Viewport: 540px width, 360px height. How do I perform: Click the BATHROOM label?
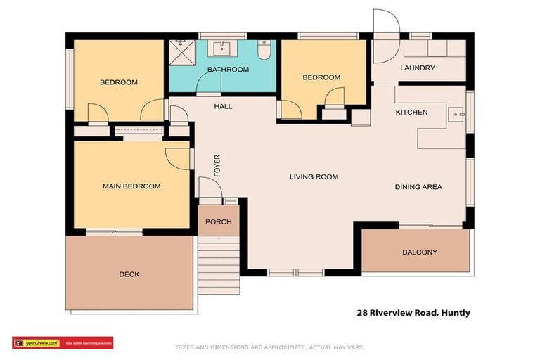[228, 69]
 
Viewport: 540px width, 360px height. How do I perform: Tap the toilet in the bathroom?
[264, 51]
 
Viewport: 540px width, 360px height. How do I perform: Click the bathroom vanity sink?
[223, 49]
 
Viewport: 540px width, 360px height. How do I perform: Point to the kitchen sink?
[458, 113]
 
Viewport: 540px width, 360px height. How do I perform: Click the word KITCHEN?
[411, 112]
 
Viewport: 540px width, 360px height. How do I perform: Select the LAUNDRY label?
[418, 68]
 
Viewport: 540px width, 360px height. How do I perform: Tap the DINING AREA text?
[418, 187]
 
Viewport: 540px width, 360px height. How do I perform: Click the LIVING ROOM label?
[314, 177]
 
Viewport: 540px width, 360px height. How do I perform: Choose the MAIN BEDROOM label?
[131, 186]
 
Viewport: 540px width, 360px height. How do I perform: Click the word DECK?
[129, 274]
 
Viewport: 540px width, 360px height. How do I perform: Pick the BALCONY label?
[420, 252]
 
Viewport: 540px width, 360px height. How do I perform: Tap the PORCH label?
[218, 222]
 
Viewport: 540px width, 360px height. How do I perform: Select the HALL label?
[223, 107]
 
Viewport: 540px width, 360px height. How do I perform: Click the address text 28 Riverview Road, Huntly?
[414, 313]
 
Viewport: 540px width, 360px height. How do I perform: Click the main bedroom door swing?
[175, 158]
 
